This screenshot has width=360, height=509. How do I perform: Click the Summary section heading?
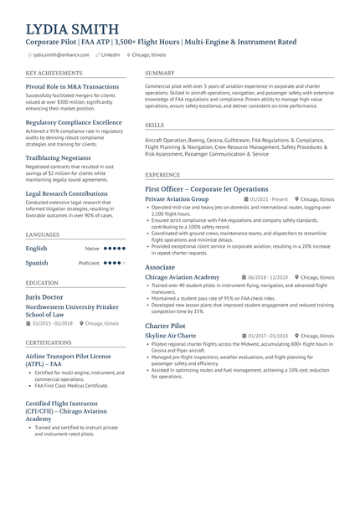pyautogui.click(x=160, y=73)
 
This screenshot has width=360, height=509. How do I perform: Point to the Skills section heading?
pyautogui.click(x=154, y=125)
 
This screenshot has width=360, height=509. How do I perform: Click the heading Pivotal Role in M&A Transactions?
pyautogui.click(x=72, y=86)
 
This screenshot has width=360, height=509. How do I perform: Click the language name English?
pyautogui.click(x=36, y=249)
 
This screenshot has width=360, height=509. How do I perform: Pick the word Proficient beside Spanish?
pyautogui.click(x=89, y=263)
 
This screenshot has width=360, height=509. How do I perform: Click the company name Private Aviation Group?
pyautogui.click(x=177, y=199)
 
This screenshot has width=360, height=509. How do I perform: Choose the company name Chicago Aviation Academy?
pyautogui.click(x=182, y=277)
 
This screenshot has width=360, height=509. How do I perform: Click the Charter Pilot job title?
pyautogui.click(x=165, y=325)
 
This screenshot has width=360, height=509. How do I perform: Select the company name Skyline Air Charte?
pyautogui.click(x=170, y=335)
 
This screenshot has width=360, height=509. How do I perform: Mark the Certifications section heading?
pyautogui.click(x=49, y=342)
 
